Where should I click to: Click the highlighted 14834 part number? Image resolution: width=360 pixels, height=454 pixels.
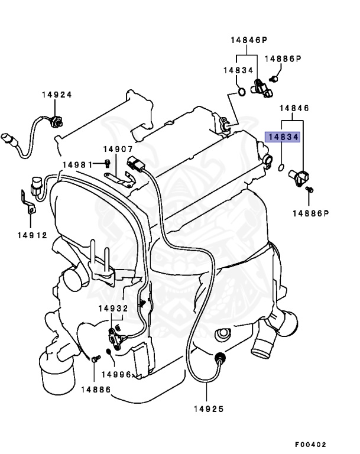pos(283,137)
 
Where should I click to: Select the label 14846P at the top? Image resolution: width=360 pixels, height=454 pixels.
pos(249,40)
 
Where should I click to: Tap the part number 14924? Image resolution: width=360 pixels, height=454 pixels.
pos(57,95)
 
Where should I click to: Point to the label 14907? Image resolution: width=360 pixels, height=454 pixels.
pos(118,150)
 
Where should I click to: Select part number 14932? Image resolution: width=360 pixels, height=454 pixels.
pos(113,309)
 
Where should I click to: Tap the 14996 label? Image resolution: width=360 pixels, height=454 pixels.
pos(116,374)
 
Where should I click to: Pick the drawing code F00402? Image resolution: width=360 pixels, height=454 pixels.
pos(310,445)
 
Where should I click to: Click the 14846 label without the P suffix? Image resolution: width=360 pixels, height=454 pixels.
pos(294,108)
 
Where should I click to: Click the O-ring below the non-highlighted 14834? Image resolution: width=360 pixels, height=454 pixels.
pos(241,91)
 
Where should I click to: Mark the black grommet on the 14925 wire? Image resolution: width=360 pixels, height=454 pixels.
pos(220,358)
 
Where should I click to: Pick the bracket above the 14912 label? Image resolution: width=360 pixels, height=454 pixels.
pos(26,202)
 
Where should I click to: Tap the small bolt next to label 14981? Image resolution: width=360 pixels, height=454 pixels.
pos(107,163)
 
